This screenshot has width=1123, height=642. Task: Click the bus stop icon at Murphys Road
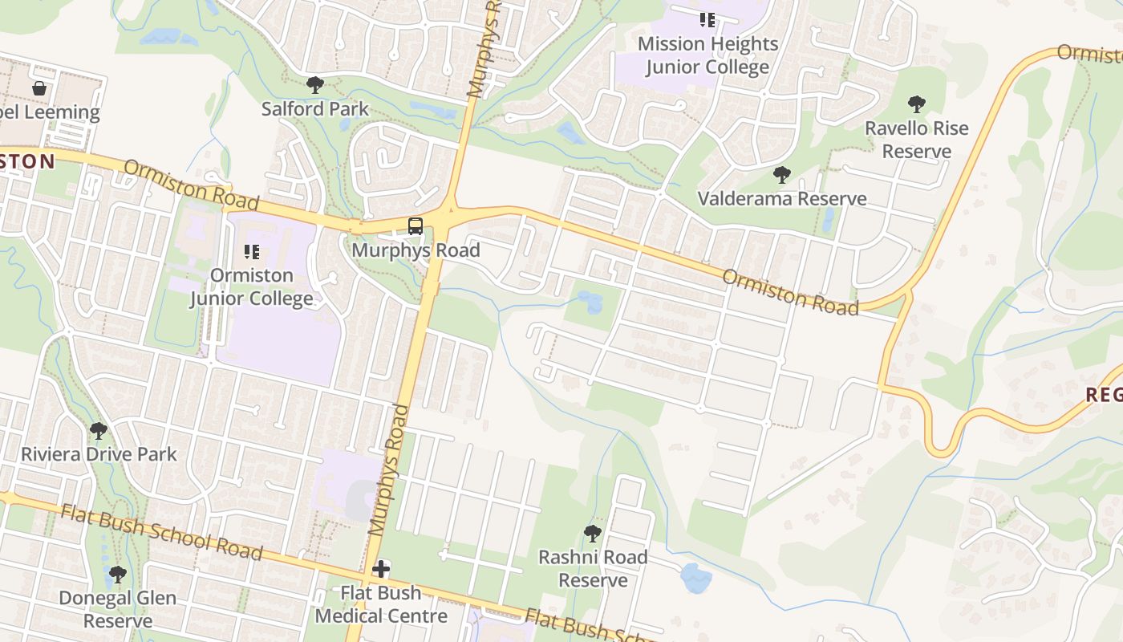coord(415,226)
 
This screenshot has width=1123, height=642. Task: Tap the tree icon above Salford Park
coord(315,84)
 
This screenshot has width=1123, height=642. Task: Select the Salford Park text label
coord(315,108)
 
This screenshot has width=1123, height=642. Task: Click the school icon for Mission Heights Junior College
coord(707,19)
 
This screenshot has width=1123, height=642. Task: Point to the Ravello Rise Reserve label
coord(916,140)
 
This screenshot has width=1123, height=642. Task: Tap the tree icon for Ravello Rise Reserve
coord(916,104)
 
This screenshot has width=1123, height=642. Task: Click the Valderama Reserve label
coord(782,198)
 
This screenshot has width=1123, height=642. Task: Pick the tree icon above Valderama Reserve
coord(782,174)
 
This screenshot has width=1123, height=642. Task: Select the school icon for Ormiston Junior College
coord(251,252)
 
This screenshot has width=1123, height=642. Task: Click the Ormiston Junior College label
coord(251,286)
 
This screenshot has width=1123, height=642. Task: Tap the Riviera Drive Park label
coord(99,454)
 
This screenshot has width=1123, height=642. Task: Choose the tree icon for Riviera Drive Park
coord(99,431)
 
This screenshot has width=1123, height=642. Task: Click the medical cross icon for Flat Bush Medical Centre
coord(381,570)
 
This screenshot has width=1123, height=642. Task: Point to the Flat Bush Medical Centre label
coord(381,604)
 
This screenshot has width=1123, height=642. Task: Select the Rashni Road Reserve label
coord(593,568)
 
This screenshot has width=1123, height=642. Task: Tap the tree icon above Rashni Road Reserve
coord(593,533)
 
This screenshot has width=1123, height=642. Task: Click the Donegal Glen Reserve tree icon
coord(118,575)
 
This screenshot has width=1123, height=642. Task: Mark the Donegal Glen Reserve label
coord(118,609)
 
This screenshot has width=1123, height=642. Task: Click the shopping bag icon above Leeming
coord(39,88)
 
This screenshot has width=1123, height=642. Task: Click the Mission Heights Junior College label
coord(707,55)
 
